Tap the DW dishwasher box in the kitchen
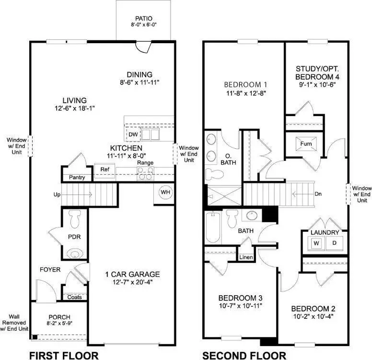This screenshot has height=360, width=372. click(132, 134)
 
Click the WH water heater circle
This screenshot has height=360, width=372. click(166, 192)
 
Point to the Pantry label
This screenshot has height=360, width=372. click(77, 178)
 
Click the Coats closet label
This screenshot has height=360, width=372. click(75, 297)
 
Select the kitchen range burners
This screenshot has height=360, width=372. click(145, 175)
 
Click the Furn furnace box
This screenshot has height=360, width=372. click(306, 144)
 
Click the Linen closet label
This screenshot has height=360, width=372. click(245, 258)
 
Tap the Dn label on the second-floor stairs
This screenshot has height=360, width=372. click(318, 194)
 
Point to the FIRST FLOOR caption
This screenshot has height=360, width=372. click(64, 355)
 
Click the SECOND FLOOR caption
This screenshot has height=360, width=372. click(244, 355)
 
